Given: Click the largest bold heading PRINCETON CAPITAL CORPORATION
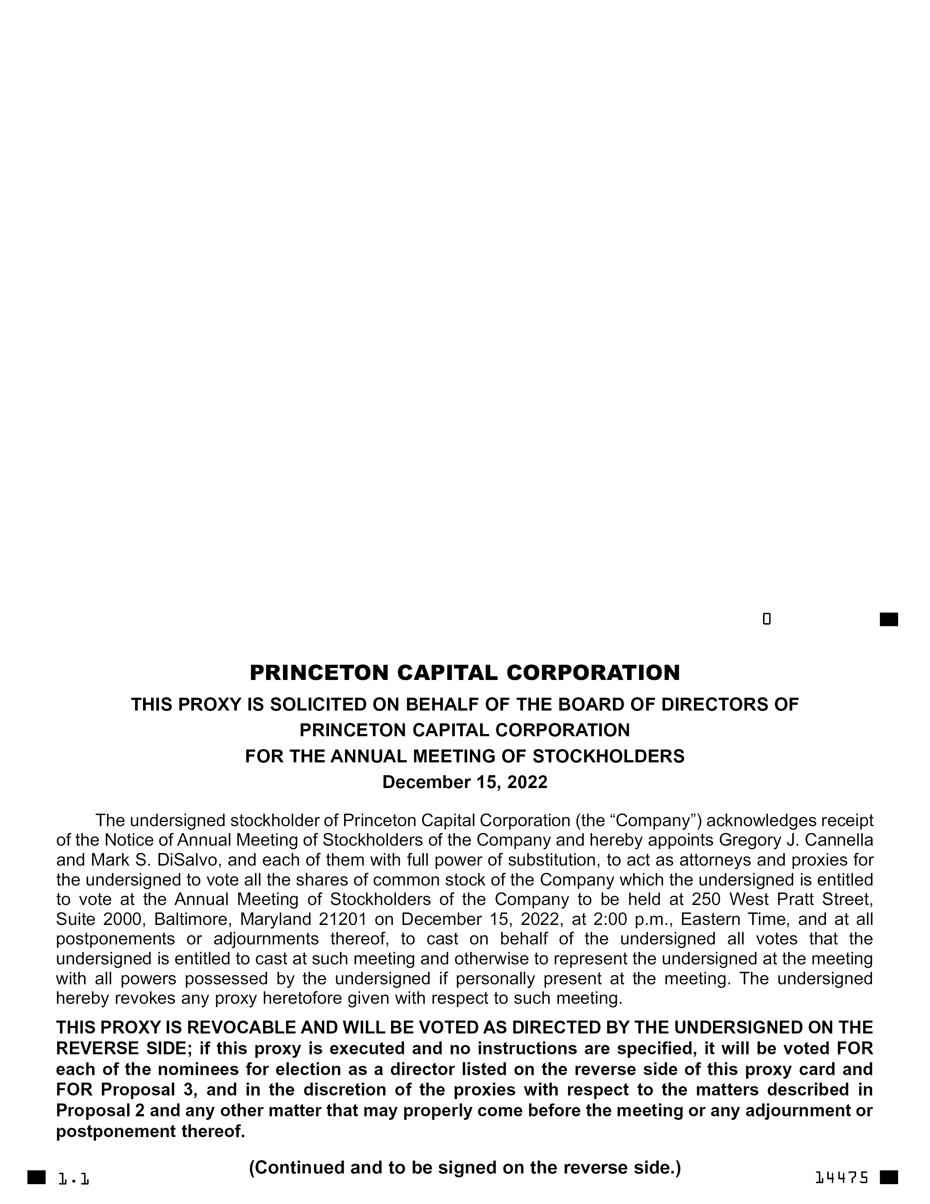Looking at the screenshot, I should (x=465, y=672).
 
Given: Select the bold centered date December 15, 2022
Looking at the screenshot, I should (x=465, y=782).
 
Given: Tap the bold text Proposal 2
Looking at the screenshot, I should (x=101, y=1110).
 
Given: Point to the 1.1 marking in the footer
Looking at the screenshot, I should (x=74, y=1179).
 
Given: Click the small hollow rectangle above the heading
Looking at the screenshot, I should (x=766, y=619).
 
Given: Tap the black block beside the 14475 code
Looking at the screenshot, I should (x=889, y=1177).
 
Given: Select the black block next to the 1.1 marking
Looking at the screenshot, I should (x=37, y=1177).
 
